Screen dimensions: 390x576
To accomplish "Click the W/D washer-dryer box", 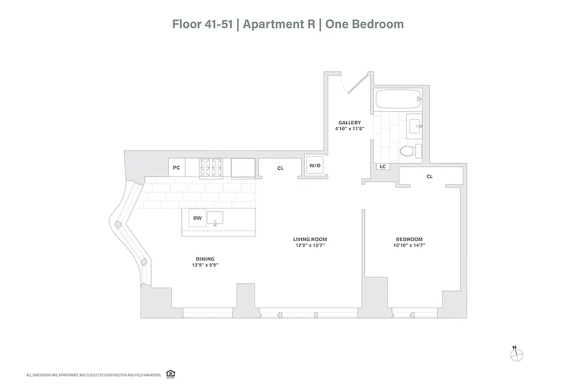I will (315, 166).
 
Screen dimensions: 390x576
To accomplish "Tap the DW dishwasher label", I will (197, 218).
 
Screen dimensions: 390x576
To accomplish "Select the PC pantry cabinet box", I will (176, 168).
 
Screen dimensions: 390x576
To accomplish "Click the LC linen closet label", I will (383, 167).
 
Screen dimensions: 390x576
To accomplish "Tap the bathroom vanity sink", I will (415, 124).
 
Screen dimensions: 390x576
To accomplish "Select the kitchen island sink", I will (215, 217).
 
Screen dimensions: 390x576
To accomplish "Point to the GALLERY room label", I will (350, 123).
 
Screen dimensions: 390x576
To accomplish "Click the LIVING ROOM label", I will (310, 239).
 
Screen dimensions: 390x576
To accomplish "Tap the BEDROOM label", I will (409, 239).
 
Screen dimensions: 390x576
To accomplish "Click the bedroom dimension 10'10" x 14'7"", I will (409, 246).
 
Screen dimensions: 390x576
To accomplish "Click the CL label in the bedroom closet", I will (429, 176).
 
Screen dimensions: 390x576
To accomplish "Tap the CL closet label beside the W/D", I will (280, 168).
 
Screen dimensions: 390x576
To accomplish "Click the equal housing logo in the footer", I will (170, 373).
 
